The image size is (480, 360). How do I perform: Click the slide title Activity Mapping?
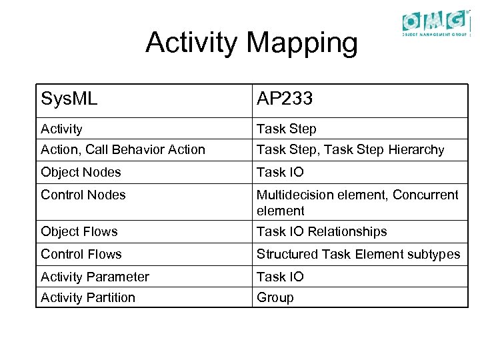tap(251, 43)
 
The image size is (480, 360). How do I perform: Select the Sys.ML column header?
tap(69, 100)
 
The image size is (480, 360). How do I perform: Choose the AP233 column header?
tap(285, 100)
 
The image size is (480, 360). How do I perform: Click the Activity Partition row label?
tap(88, 297)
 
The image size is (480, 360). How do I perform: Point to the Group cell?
tap(275, 297)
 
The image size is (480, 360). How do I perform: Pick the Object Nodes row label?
tap(81, 172)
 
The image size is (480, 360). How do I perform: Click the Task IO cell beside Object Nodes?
tap(280, 172)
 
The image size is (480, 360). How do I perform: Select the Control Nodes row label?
tap(83, 195)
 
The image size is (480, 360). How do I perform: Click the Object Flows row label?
tap(79, 231)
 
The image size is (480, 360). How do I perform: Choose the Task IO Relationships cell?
tap(321, 231)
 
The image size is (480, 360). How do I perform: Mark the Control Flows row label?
tap(81, 254)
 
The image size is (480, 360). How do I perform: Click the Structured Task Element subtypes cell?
tap(358, 254)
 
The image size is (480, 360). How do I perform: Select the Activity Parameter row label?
tap(95, 277)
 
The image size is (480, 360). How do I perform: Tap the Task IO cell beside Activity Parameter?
tap(280, 277)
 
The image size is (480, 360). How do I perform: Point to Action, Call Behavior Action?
tap(123, 149)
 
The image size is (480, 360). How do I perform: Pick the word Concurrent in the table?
tap(425, 195)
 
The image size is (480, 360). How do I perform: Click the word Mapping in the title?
tap(302, 43)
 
